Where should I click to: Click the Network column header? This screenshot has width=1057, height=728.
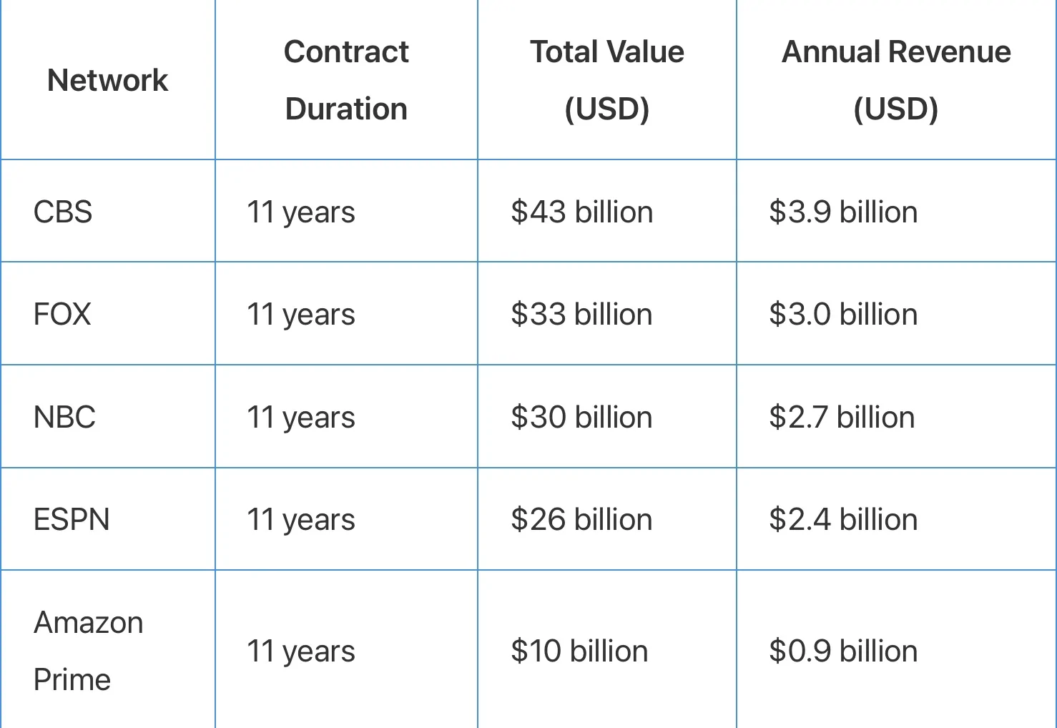pyautogui.click(x=107, y=79)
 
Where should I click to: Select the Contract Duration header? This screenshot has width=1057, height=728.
pyautogui.click(x=346, y=79)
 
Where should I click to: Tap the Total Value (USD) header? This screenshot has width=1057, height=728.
pyautogui.click(x=607, y=81)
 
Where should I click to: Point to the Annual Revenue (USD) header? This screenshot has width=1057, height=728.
pyautogui.click(x=896, y=81)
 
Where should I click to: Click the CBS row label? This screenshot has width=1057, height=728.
pyautogui.click(x=63, y=212)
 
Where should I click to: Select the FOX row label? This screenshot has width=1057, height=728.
pyautogui.click(x=62, y=314)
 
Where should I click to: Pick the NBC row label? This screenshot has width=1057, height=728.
pyautogui.click(x=64, y=417)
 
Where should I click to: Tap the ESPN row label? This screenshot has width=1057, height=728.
pyautogui.click(x=72, y=519)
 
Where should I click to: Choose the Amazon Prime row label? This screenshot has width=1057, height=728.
pyautogui.click(x=88, y=651)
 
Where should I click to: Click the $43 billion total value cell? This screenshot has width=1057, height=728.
pyautogui.click(x=582, y=212)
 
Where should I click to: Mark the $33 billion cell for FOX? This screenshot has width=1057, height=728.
pyautogui.click(x=581, y=314)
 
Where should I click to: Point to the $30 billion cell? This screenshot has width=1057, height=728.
pyautogui.click(x=581, y=417)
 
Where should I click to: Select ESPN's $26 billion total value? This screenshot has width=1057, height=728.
pyautogui.click(x=581, y=519)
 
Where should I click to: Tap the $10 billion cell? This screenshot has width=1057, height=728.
pyautogui.click(x=579, y=651)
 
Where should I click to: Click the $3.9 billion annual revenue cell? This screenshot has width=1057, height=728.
pyautogui.click(x=843, y=212)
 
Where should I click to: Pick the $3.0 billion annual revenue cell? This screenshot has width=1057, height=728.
pyautogui.click(x=843, y=314)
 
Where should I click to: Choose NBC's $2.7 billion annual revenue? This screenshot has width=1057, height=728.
pyautogui.click(x=842, y=417)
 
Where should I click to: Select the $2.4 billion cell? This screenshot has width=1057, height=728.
pyautogui.click(x=843, y=519)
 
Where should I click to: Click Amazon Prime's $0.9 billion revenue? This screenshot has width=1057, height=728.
pyautogui.click(x=843, y=651)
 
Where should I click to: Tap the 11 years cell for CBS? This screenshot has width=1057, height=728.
pyautogui.click(x=300, y=212)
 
